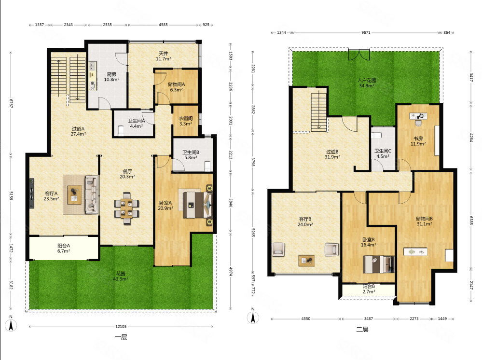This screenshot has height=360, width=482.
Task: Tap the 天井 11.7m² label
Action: (163, 56)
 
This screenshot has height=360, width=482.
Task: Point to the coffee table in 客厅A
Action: (74, 194)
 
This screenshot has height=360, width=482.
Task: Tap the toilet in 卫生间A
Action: (121, 131)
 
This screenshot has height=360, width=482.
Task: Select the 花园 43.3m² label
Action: (121, 276)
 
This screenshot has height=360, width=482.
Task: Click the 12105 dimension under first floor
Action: (121, 327)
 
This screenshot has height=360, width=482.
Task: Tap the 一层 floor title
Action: (121, 337)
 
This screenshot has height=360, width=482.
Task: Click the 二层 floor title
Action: (362, 329)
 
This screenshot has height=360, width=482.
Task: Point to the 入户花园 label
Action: (367, 80)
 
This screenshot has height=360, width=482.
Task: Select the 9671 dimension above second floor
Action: (366, 32)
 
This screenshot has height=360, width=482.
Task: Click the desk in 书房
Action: (418, 116)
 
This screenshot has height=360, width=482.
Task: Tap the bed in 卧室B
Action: (378, 264)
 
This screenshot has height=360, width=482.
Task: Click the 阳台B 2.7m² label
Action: (369, 289)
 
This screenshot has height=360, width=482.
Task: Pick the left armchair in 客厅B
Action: (278, 249)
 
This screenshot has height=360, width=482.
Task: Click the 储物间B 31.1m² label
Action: (424, 221)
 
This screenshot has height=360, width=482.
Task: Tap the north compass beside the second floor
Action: (253, 316)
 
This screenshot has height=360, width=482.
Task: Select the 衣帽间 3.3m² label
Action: (186, 121)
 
